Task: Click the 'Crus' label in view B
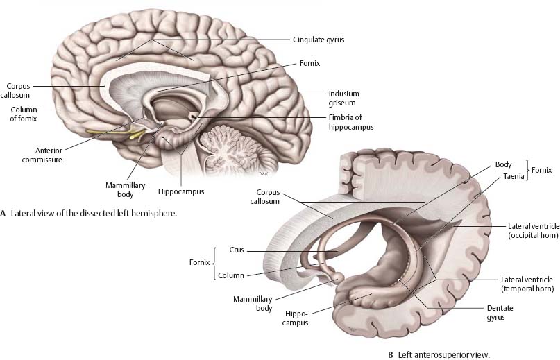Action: coord(237,251)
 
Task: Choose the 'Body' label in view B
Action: coord(503,165)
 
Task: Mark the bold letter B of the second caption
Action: coord(391,355)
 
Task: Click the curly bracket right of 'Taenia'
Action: coord(529,171)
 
